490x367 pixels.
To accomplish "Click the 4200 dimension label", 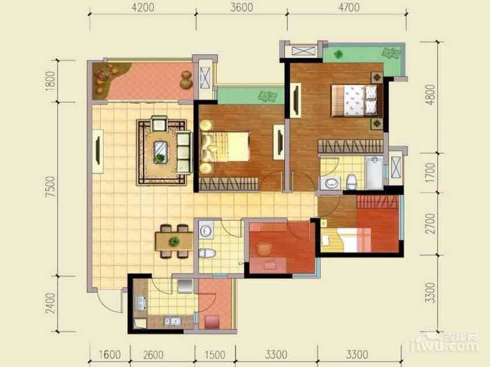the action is click(x=143, y=7).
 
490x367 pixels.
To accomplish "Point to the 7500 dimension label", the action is click(x=50, y=187).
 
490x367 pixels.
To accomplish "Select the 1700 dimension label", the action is click(x=430, y=173).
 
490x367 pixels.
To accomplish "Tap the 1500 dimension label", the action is click(x=215, y=355).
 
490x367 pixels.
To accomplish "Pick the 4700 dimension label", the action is click(x=349, y=7).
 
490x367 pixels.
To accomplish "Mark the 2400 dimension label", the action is click(x=50, y=303).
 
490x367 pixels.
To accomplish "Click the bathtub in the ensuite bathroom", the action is click(x=374, y=173).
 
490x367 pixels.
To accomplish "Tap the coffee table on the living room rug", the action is click(x=160, y=152).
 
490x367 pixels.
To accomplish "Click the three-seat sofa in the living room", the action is click(x=183, y=152).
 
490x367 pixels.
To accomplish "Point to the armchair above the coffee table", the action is click(x=159, y=123).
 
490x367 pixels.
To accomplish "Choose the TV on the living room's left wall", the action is click(x=98, y=151).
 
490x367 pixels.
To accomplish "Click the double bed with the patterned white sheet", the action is click(x=354, y=101).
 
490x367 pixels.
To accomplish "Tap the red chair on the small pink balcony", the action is click(x=212, y=321).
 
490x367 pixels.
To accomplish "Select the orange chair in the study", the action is click(x=265, y=249).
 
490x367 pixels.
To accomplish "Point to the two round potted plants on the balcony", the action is click(x=187, y=80).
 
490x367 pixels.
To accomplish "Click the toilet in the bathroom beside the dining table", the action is click(x=207, y=253).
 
